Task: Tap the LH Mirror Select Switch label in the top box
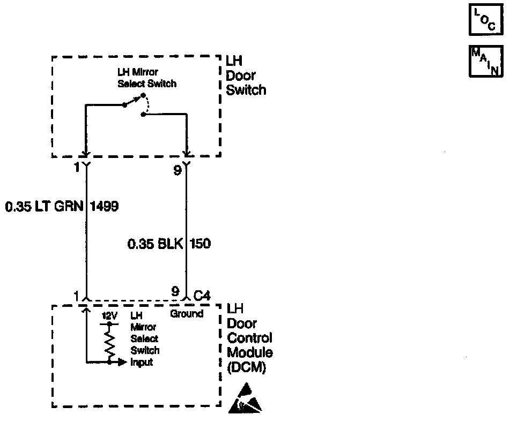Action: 146,78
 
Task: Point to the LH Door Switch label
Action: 246,76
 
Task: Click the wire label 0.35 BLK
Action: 155,244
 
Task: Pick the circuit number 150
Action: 200,244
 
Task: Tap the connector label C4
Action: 202,295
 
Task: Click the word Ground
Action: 187,314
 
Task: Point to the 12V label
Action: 109,316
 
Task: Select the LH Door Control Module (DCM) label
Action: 249,338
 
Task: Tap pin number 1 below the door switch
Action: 77,168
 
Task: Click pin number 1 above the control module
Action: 77,296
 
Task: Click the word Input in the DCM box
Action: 142,362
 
